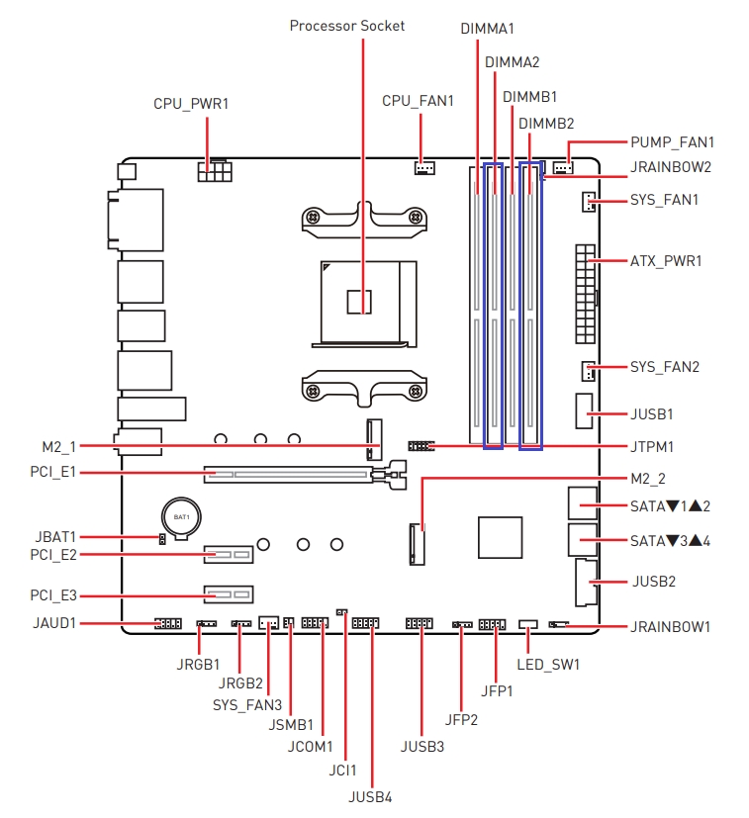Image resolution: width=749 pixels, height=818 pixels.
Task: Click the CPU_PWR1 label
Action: coord(191,104)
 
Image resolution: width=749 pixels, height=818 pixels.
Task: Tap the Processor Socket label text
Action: coord(347,26)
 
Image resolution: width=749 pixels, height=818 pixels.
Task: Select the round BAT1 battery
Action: coord(181,518)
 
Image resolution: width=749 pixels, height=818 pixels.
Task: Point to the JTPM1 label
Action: coord(652,447)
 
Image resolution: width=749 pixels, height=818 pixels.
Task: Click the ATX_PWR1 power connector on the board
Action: coord(586,294)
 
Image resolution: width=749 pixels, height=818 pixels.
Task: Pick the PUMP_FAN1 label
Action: coord(672,141)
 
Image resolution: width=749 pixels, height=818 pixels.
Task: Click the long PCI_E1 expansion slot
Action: coord(288,474)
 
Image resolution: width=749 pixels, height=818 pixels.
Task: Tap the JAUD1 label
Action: coord(54,623)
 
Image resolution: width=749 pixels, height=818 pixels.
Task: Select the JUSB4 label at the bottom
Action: coord(370,797)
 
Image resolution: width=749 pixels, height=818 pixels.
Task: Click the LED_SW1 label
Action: coord(548,665)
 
